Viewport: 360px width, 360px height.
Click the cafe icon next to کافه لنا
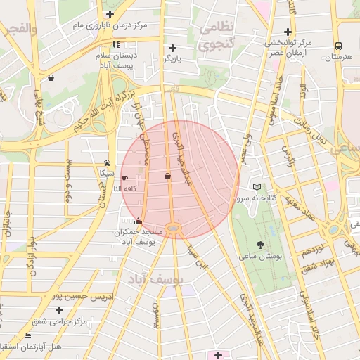pos(125,179)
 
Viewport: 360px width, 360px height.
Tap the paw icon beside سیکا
pos(107,162)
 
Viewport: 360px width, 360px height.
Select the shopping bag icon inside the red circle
pos(167,176)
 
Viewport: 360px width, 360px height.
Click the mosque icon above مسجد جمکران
pos(138,221)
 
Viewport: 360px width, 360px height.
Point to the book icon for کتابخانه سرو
pos(257,187)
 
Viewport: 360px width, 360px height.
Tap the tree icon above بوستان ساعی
pos(261,245)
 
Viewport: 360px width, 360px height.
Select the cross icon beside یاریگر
pos(172,49)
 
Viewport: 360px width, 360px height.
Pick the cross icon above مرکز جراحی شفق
pos(59,310)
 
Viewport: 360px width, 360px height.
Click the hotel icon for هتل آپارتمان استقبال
pos(27,336)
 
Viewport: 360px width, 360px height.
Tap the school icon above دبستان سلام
pos(116,44)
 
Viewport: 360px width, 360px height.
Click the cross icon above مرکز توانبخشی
pos(287,32)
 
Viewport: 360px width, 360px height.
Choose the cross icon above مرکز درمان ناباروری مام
pos(110,14)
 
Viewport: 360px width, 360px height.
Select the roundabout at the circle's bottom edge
pos(173,227)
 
